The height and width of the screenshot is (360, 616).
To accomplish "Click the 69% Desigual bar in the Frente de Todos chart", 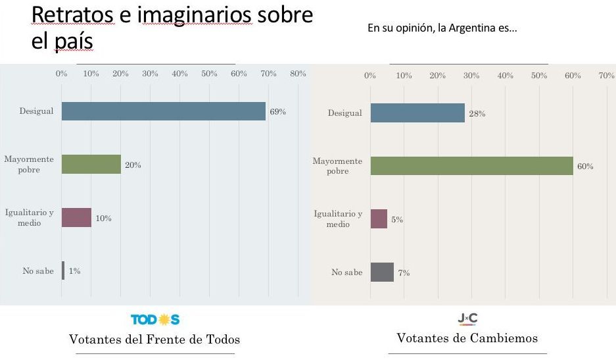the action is coord(164,111).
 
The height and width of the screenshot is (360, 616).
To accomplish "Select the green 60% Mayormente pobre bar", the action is coord(472,166).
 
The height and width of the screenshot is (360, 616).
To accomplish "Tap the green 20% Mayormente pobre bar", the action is coord(91,164).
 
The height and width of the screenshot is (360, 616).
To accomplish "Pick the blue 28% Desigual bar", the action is coord(417,113).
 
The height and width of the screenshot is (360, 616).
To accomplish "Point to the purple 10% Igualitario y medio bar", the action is coord(77,218).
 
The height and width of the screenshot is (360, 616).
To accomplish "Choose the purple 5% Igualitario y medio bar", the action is coord(379,219).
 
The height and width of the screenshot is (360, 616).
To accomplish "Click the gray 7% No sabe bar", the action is coord(382,272).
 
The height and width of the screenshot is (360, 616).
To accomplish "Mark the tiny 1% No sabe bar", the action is coord(63,270).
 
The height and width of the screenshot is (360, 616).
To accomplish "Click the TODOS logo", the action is coord(155,319).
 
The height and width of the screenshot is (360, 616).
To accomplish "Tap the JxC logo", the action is coord(467,319).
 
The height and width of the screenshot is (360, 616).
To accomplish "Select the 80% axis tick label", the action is coord(298,74).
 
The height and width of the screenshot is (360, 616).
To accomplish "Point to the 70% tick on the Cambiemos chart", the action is coord(606,75).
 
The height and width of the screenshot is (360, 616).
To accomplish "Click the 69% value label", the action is coord(277,112).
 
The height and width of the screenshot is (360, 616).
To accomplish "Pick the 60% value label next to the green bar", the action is coord(585,167).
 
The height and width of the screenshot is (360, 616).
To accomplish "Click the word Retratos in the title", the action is coord(72,15).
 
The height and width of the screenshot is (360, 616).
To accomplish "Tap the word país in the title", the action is coord(74,41).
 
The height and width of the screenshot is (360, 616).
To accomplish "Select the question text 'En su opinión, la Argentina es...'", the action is coord(442,28).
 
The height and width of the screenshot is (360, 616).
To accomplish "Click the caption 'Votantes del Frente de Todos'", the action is coord(154,339).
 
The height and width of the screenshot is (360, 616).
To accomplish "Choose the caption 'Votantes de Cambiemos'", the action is coord(467,338).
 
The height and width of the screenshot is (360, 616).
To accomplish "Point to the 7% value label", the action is coord(404,272).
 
